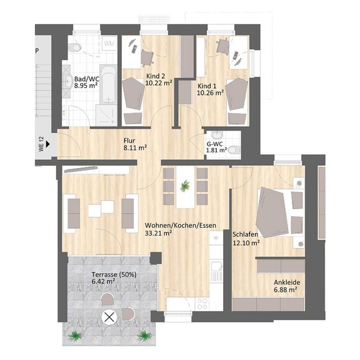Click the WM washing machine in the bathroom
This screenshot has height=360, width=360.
tap(109, 44)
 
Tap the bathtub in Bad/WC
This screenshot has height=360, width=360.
tap(108, 84)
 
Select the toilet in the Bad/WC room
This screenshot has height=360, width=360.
tap(75, 47)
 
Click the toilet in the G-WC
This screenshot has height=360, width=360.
tap(234, 150)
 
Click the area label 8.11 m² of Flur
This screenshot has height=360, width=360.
tap(135, 147)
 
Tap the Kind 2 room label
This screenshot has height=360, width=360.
tap(156, 76)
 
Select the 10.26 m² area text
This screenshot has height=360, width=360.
tap(211, 92)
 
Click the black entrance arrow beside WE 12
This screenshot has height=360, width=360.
tap(47, 144)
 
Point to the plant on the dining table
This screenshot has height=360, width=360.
tap(185, 186)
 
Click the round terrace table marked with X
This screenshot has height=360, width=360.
tap(109, 317)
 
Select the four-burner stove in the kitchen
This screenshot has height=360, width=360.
tap(202, 304)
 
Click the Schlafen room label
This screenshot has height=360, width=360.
tap(246, 234)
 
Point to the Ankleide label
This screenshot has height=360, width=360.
tap(287, 282)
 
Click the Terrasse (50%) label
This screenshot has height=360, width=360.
tap(114, 274)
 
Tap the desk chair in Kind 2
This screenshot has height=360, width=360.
tap(147, 57)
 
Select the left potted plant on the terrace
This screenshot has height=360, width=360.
tap(75, 336)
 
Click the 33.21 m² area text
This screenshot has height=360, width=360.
tap(159, 233)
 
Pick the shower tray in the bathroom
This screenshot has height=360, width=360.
tap(106, 116)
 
